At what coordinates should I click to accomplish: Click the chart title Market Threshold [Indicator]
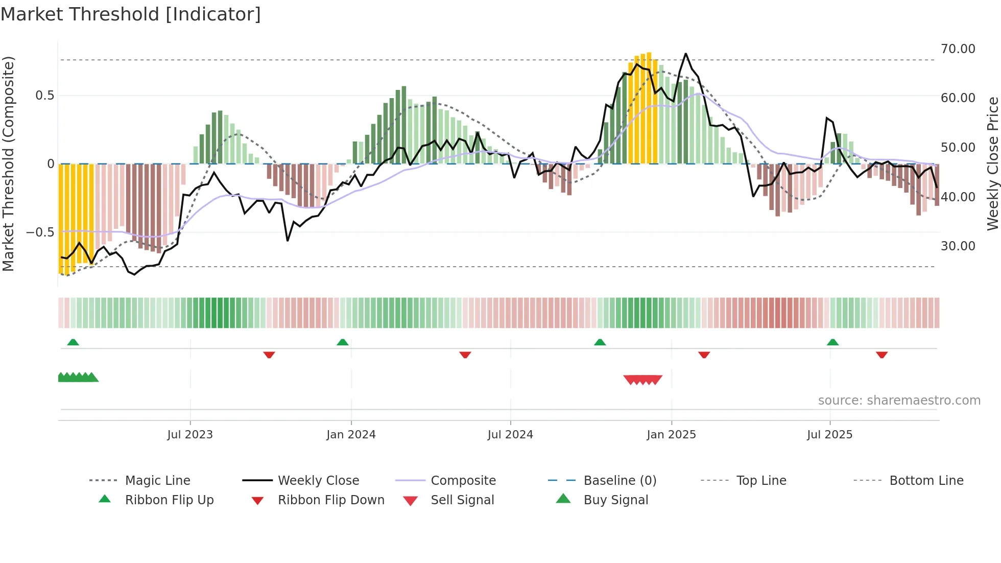[x=131, y=14]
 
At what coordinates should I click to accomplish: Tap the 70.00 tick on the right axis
[x=958, y=49]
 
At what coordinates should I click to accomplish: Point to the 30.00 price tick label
[x=958, y=246]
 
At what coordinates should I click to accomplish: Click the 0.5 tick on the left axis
[x=44, y=96]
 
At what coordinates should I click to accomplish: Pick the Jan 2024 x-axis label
[x=351, y=435]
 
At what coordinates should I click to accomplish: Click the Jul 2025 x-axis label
[x=829, y=435]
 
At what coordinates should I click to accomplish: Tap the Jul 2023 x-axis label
[x=190, y=435]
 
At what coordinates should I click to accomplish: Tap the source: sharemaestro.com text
[x=899, y=401]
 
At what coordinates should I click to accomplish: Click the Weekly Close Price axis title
[x=992, y=163]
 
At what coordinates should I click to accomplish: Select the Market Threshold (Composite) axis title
[x=8, y=163]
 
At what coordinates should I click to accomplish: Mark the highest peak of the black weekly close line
[x=685, y=54]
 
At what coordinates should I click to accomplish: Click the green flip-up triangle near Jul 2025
[x=832, y=342]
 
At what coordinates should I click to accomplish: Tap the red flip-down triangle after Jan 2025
[x=704, y=355]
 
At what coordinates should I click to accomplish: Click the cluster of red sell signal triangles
[x=643, y=380]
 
